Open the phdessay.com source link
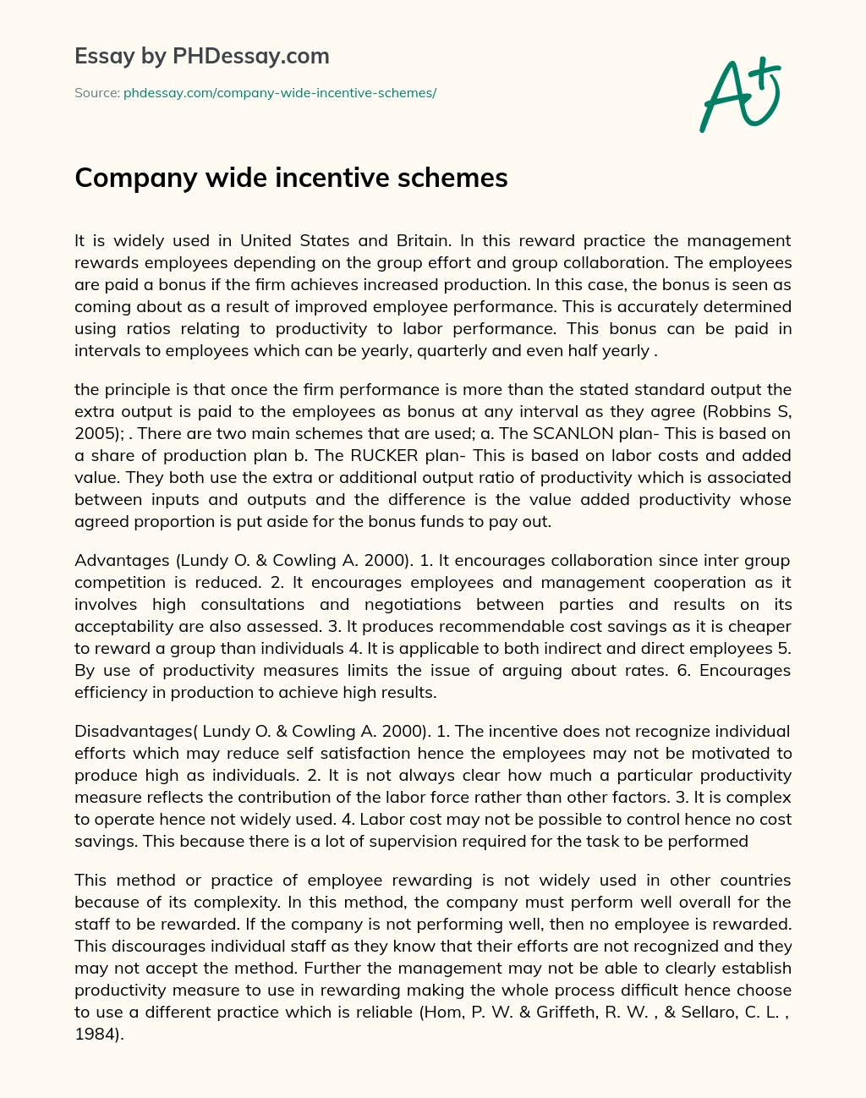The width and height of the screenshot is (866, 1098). pyautogui.click(x=279, y=93)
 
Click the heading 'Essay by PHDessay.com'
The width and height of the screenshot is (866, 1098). pyautogui.click(x=201, y=57)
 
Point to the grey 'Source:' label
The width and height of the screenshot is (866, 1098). pyautogui.click(x=96, y=93)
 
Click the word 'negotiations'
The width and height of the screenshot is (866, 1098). pyautogui.click(x=413, y=604)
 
